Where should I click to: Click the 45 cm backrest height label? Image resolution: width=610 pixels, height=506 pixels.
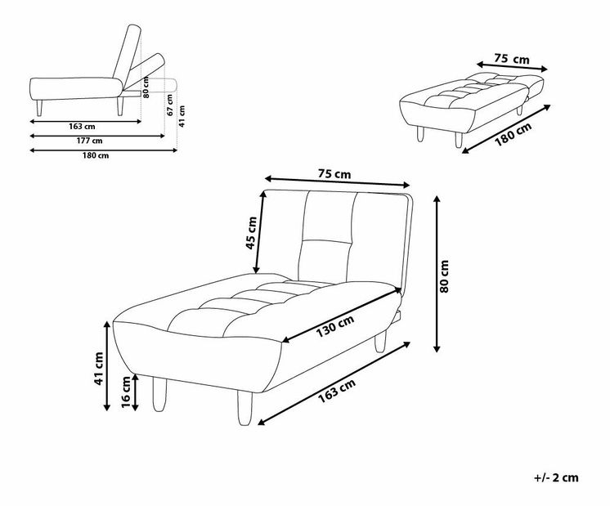tap(251, 233)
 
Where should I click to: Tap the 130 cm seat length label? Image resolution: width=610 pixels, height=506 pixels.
tap(335, 326)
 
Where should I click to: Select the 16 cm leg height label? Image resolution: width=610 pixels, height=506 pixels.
tap(126, 392)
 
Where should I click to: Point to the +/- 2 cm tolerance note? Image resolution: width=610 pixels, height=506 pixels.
tap(556, 477)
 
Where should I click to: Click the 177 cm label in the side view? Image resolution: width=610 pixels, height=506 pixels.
tap(89, 141)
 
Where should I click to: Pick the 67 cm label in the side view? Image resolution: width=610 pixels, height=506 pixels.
tap(170, 105)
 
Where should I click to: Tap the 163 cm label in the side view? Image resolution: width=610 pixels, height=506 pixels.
tap(82, 127)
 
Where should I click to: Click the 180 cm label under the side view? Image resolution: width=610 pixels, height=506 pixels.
tap(96, 155)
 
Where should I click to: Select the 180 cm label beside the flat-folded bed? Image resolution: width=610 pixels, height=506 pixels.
tap(513, 134)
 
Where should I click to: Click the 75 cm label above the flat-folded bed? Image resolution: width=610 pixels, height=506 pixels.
tap(512, 59)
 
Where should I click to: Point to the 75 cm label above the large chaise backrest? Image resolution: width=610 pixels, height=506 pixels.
tap(334, 174)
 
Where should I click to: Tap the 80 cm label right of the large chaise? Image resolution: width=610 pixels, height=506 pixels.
tap(444, 276)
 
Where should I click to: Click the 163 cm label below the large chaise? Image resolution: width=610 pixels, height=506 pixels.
tap(337, 392)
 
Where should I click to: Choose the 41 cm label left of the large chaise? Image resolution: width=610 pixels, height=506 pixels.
tap(99, 369)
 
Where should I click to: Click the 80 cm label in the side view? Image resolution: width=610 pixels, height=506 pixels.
tap(146, 87)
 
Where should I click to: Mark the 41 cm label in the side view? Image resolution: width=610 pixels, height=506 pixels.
tap(182, 116)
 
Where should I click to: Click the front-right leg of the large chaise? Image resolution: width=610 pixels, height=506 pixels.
tap(245, 408)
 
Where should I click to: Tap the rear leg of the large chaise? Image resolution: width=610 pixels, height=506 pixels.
tap(380, 342)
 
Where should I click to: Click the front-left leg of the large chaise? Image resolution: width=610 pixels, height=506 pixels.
tap(159, 394)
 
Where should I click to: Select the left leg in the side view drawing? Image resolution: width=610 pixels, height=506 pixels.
tap(39, 108)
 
